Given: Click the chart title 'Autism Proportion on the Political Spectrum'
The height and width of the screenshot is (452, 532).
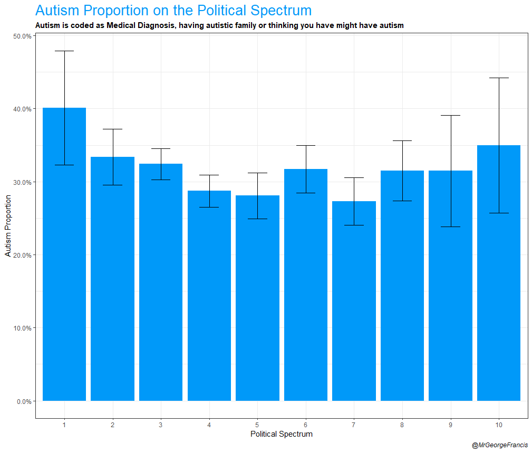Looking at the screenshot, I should [x=173, y=11].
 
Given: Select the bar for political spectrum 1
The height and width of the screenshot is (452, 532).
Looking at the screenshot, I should [x=64, y=253].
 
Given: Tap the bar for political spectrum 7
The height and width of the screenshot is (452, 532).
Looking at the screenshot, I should [x=354, y=301].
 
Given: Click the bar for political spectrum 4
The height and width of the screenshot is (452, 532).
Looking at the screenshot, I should [x=209, y=296].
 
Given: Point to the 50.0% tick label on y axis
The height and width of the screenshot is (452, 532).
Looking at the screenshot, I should [x=22, y=36].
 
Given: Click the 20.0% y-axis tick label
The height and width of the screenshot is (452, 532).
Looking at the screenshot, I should [x=22, y=255].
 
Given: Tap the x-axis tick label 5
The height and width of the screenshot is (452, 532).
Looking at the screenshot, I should [x=257, y=425].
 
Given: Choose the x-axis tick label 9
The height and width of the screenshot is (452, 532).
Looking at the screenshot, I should [x=450, y=425].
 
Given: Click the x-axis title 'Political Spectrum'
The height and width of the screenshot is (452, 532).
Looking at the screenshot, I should [x=281, y=435].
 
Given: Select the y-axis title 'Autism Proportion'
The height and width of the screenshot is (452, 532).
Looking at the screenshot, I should [x=8, y=225].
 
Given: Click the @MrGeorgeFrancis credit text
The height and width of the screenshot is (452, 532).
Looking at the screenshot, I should [x=499, y=446].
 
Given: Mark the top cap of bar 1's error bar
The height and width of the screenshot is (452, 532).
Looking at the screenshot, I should [x=64, y=51].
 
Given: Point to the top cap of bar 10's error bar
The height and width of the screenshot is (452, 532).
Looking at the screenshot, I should [x=499, y=78].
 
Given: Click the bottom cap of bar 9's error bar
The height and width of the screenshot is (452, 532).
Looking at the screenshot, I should [x=450, y=227].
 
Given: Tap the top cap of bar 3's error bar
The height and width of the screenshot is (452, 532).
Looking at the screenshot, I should [x=161, y=148].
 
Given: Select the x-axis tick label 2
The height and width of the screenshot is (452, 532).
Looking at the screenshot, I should [x=113, y=425].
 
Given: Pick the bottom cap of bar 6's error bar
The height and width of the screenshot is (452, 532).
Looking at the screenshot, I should [x=306, y=193].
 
